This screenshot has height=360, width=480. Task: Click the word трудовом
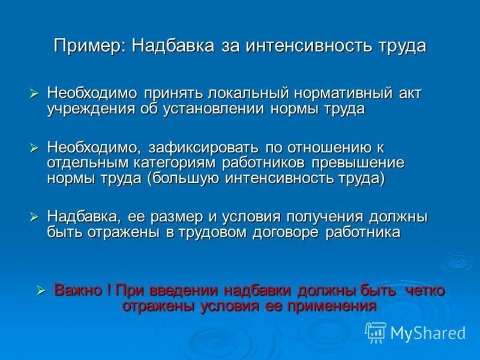coord(209,232)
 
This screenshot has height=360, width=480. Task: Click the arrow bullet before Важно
coord(41,290)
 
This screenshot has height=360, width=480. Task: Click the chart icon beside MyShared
coord(376,332)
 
